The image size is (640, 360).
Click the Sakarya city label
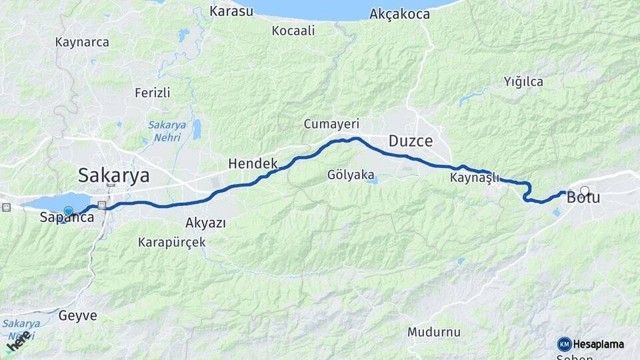point(113,175)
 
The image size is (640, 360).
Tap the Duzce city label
point(411,141)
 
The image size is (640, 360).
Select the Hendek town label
point(252,163)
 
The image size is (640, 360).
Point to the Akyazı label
point(206,223)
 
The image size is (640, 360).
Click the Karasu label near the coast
point(231,11)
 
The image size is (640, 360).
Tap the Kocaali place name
point(293,31)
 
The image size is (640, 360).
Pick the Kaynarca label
point(82,42)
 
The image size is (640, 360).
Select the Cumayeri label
point(331,124)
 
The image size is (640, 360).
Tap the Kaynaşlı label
point(475,178)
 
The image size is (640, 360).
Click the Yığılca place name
point(523,82)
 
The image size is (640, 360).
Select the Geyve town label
point(77,315)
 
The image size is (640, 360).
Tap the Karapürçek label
point(171,242)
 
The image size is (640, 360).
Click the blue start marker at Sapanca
point(68,211)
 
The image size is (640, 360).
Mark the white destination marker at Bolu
point(585,191)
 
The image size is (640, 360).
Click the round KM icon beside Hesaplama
point(564,344)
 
